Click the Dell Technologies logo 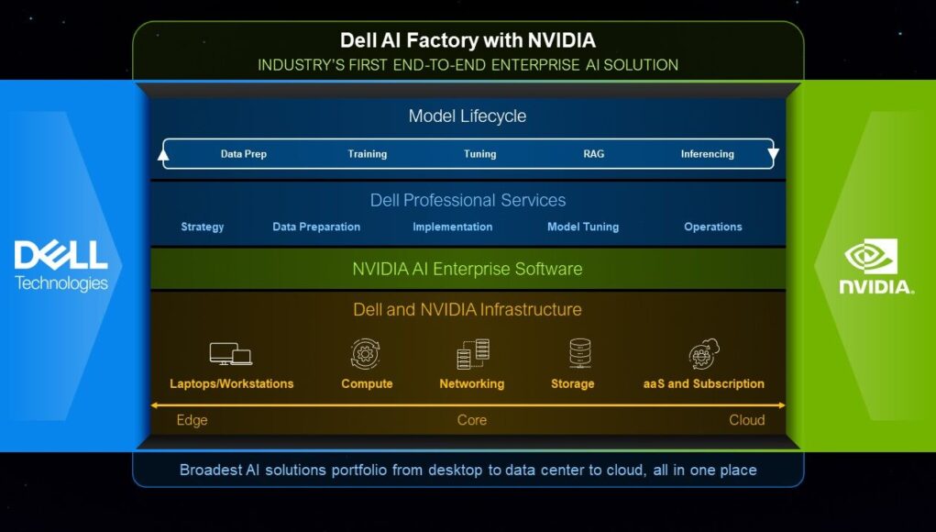click(61, 266)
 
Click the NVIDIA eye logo click(871, 256)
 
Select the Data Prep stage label click(244, 154)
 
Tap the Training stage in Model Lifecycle click(367, 154)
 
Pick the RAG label click(593, 154)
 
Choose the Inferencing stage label click(708, 154)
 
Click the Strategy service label click(203, 227)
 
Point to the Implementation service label click(453, 227)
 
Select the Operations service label click(712, 227)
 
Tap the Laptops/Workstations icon click(230, 353)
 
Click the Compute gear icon click(366, 354)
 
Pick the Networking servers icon click(473, 354)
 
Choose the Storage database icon click(579, 353)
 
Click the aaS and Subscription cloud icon click(704, 354)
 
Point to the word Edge click(192, 420)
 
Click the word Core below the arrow click(471, 420)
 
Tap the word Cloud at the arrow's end click(747, 420)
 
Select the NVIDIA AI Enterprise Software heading click(468, 269)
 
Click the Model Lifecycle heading click(468, 116)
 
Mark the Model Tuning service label click(583, 227)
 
